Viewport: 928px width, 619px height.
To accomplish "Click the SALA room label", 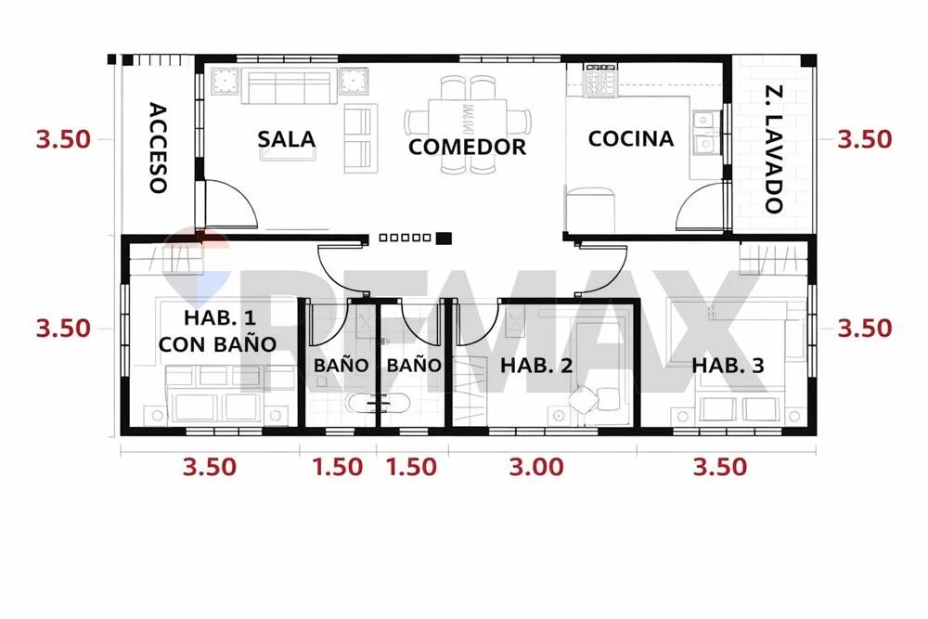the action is pos(287,139).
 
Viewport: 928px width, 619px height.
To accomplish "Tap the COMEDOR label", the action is pos(467,147).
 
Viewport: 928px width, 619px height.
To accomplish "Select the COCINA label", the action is pos(631,138).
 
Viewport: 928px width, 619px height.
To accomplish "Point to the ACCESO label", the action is pos(158,148).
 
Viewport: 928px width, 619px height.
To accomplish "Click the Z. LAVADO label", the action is pos(774,149).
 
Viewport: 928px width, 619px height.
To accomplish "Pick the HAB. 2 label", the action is pos(536,365).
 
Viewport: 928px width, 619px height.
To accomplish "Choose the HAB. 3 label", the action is pos(728,365).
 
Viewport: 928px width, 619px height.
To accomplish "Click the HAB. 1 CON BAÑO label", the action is pos(218,330).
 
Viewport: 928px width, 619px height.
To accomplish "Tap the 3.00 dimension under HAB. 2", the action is pos(536,467).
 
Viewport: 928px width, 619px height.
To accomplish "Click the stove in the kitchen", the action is pos(600,81).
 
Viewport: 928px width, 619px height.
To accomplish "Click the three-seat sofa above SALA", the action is pos(289,86).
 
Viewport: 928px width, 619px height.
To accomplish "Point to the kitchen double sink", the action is pos(703,132).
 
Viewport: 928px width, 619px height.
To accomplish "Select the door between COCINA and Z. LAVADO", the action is pos(702,205).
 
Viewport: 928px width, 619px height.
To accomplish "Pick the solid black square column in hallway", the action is pos(444,238).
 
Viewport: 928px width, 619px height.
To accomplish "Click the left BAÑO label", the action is pos(341,365).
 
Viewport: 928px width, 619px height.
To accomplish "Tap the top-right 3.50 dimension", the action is pos(864,139).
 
